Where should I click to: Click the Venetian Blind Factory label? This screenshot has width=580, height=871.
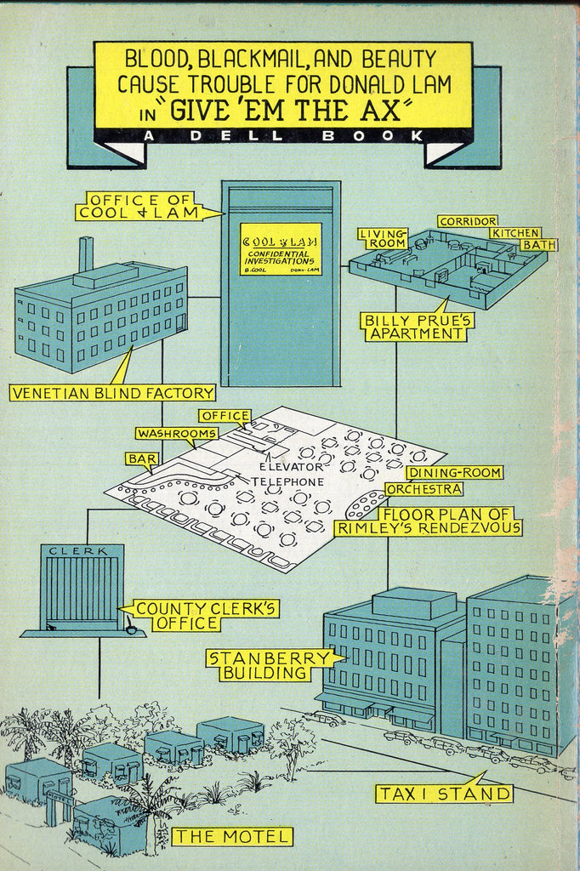pos(112,392)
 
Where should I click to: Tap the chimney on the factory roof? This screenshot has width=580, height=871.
pos(85,254)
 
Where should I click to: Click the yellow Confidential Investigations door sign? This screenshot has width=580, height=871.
pos(281,248)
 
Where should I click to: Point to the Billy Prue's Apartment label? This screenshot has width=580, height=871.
pos(418,327)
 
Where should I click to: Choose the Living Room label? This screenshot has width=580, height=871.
pos(382,238)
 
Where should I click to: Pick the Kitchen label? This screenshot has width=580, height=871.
pos(514,232)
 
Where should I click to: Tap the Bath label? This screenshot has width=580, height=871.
pos(538,245)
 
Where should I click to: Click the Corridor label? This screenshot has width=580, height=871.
pos(468,221)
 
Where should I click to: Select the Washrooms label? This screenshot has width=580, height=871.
pos(177,433)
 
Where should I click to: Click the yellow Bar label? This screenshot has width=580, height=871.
pos(141,458)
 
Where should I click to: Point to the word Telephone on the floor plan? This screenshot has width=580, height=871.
pos(293,481)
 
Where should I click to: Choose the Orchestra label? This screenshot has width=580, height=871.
pos(424,489)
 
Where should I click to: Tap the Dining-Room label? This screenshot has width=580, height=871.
pos(454,473)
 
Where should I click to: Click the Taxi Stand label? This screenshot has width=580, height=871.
pos(445,794)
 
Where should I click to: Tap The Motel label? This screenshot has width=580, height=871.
pos(232,836)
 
